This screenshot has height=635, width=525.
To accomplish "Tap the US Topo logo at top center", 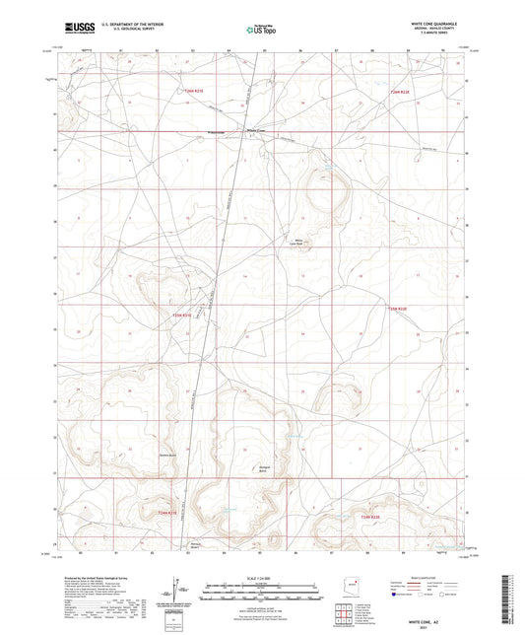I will pos(262,31).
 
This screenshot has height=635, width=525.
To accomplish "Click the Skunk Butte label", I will pos(166,455).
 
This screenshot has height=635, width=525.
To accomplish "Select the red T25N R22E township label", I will pos(396,310).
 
